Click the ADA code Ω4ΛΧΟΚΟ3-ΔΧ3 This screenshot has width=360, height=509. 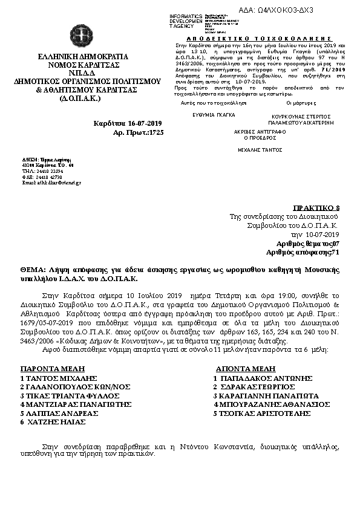(x=314, y=10)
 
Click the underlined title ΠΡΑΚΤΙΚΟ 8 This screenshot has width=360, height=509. (x=321, y=206)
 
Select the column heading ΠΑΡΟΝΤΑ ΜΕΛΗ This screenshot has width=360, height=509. (x=53, y=368)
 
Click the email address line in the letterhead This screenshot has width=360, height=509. (x=51, y=182)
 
